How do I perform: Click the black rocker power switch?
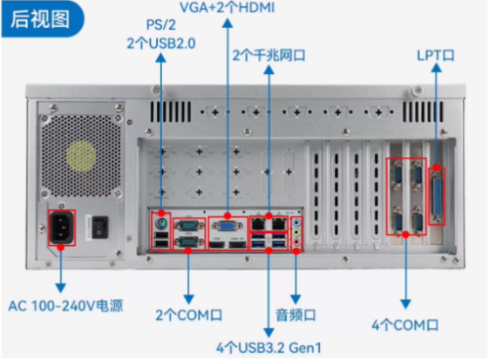click(103, 227)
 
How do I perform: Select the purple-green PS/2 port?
click(160, 223)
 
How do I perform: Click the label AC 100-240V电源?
click(65, 306)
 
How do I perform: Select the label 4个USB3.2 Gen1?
click(268, 348)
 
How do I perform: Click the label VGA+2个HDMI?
click(228, 8)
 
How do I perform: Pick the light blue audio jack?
click(298, 223)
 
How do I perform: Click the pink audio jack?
click(298, 244)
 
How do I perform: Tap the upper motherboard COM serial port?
click(186, 225)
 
